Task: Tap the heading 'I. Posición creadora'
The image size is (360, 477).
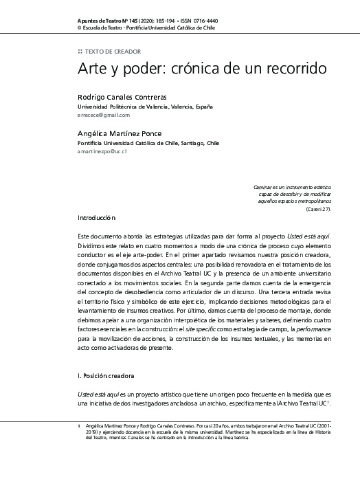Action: pos(115,376)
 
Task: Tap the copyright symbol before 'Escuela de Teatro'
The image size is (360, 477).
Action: pos(80,29)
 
